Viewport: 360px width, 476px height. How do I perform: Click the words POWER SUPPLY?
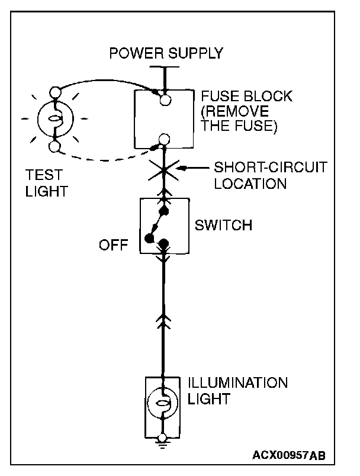point(166,53)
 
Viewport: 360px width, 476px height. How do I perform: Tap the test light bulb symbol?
point(56,119)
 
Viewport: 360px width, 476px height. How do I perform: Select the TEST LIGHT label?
point(46,183)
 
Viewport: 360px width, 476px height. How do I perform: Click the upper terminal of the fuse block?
point(165,99)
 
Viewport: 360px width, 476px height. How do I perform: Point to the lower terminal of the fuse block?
point(164,139)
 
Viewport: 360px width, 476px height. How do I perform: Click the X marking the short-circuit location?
point(163,170)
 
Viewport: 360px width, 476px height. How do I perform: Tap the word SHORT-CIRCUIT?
point(271,167)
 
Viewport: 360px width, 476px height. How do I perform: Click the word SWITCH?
point(223,225)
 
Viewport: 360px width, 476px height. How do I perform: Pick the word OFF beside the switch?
point(114,245)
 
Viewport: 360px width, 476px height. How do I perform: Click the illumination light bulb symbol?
point(162,403)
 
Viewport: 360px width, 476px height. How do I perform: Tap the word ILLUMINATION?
point(237,383)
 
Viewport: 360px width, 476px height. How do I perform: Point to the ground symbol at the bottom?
point(163,443)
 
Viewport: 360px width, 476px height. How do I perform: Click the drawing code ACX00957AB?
point(289,455)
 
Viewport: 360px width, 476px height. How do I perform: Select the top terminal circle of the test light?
point(56,92)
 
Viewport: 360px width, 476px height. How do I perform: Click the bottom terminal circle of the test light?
point(54,147)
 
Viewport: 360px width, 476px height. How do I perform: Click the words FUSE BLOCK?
point(247,97)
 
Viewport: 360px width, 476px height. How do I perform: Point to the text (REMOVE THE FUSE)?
point(239,118)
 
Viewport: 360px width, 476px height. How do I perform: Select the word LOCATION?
point(250,184)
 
